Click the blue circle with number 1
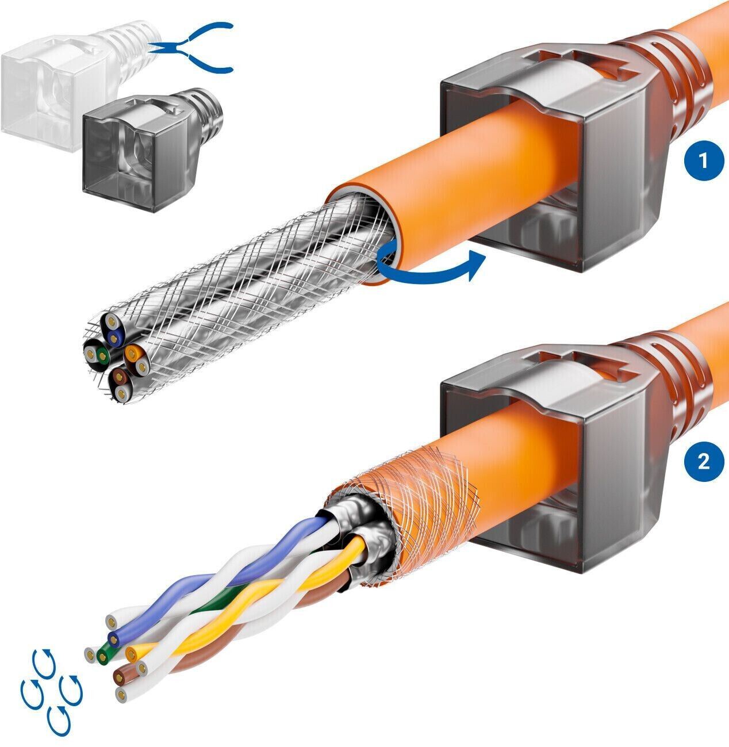click(703, 160)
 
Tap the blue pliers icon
click(191, 48)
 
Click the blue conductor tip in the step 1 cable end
click(114, 338)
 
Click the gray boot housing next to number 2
click(552, 461)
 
